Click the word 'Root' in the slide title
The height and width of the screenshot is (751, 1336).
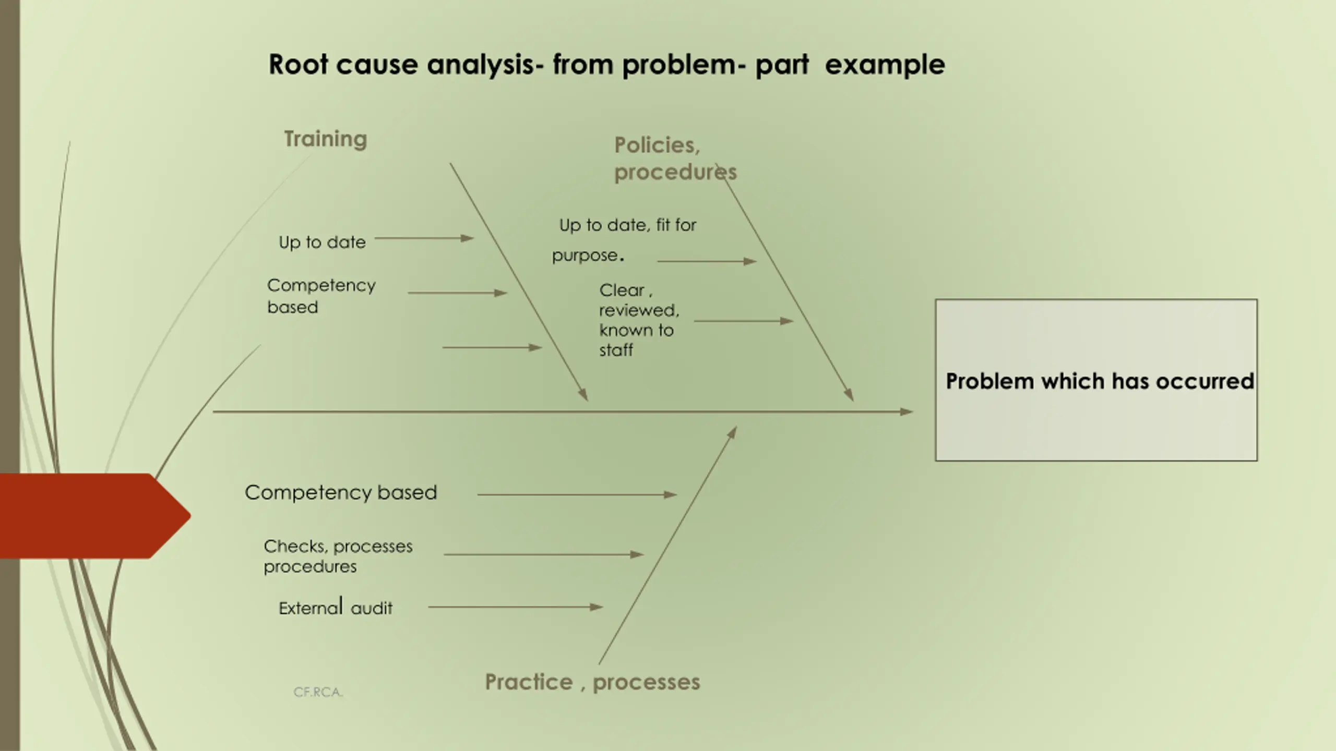(x=298, y=65)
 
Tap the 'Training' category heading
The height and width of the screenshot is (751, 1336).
(x=326, y=139)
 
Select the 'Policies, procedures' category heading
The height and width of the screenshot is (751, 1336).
(x=675, y=159)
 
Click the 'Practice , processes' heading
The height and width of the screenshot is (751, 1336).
(x=592, y=682)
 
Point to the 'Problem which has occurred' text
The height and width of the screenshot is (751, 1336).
(x=1100, y=381)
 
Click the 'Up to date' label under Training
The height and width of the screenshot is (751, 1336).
(x=322, y=243)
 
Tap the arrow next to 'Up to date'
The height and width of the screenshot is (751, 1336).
(x=424, y=238)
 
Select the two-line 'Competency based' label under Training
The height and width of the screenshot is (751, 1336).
(x=321, y=296)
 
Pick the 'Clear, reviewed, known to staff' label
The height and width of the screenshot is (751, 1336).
(x=638, y=320)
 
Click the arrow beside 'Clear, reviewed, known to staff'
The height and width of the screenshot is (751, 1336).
(x=743, y=321)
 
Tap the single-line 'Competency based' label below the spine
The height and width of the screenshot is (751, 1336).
(x=341, y=493)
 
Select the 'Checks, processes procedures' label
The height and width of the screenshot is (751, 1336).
(x=338, y=556)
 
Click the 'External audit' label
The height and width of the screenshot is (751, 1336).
(x=336, y=608)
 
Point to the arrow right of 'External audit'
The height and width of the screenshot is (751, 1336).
(x=515, y=607)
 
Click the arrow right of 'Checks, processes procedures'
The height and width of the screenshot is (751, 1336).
(x=543, y=554)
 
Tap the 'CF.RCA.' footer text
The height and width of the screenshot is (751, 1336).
(x=318, y=692)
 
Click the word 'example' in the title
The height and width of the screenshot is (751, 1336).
(x=885, y=65)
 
